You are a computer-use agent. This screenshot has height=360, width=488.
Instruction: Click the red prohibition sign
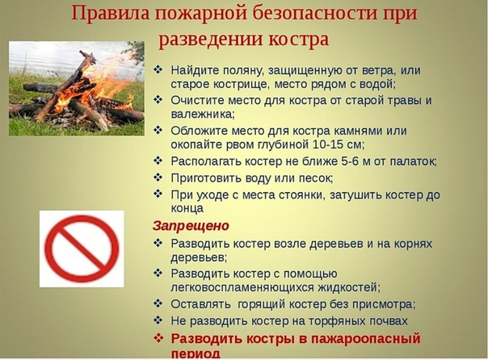[x=82, y=249]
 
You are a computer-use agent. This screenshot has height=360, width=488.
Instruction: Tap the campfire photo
[x=77, y=89]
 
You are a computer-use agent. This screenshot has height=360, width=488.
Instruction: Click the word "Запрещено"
[x=191, y=226]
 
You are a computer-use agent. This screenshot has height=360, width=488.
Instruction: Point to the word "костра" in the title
[x=299, y=40]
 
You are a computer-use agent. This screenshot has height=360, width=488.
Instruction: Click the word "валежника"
[x=202, y=115]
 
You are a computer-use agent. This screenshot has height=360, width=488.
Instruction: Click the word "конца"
[x=187, y=208]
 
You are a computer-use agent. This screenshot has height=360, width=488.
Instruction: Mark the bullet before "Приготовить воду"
[x=158, y=178]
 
